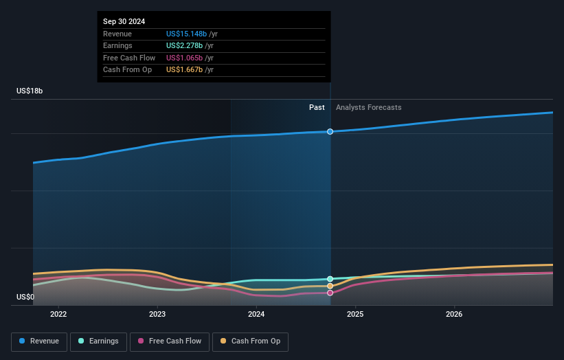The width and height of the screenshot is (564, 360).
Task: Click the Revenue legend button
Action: click(39, 341)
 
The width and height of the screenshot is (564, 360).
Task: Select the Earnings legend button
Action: click(98, 341)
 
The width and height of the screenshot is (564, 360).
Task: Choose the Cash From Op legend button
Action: click(250, 341)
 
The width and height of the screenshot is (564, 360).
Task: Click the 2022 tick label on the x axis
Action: click(58, 314)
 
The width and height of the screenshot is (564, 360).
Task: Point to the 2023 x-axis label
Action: click(157, 314)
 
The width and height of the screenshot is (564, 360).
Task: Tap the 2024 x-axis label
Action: click(256, 314)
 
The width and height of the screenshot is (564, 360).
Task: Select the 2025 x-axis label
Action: click(355, 314)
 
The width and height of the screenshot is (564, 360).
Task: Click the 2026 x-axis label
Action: click(454, 314)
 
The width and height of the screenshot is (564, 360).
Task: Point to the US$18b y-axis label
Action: click(30, 91)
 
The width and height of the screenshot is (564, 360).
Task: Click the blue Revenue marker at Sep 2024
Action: click(330, 131)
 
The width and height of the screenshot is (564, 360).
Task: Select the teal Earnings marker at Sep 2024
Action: click(330, 279)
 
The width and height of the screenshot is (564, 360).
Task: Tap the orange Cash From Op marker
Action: click(330, 286)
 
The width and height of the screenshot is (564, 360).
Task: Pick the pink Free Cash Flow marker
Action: click(330, 293)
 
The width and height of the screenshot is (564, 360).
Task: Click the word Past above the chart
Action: click(317, 108)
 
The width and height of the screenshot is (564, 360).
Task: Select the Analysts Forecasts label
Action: click(368, 108)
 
